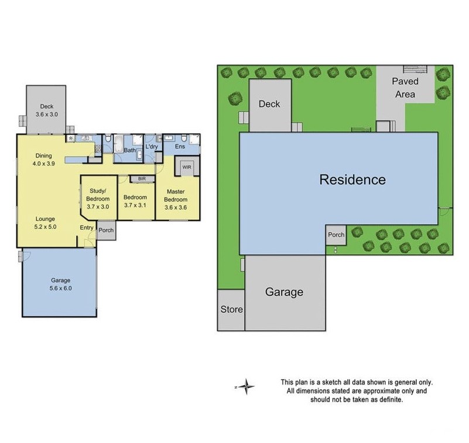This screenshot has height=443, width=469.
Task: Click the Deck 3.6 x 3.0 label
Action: pos(46,110)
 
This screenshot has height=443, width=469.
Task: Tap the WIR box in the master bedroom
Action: pos(187,167)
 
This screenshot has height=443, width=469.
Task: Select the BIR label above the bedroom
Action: pos(142,179)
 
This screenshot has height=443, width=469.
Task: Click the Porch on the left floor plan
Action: pos(106,230)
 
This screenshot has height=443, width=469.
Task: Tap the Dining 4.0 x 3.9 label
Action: pos(43,160)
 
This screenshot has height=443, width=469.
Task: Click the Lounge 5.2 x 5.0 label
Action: pos(45,222)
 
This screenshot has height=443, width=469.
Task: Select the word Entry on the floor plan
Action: pos(87,228)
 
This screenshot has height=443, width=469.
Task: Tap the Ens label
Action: pos(180,147)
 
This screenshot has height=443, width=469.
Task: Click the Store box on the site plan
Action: pos(231,310)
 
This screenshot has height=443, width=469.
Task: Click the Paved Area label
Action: pos(405,88)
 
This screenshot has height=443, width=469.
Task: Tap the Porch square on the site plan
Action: pos(336,235)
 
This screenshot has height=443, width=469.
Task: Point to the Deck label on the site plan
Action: pos(269,104)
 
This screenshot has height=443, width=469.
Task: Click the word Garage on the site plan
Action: pos(284,292)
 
